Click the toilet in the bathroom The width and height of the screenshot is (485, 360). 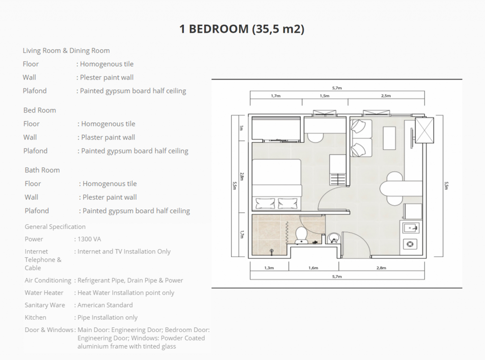click(301, 236)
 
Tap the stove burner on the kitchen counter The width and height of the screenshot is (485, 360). click(410, 244)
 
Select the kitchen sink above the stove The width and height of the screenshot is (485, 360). click(411, 228)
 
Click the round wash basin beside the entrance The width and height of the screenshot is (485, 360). click(334, 238)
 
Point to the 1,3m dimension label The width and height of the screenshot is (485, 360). click(269, 268)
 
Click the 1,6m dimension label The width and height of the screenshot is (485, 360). click(313, 268)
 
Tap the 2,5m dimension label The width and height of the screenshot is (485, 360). click(386, 96)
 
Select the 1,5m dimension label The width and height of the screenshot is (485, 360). click(324, 96)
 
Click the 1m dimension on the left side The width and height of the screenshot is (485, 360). click(242, 128)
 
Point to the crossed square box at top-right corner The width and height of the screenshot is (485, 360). click(424, 130)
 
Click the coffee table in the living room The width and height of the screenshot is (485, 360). click(389, 138)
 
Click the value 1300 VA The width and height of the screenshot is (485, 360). click(89, 239)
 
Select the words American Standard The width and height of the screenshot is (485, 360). click(105, 305)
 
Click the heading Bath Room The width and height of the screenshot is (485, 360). click(42, 170)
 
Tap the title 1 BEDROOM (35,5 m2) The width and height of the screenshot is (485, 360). click(242, 29)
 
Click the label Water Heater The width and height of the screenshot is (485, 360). click(44, 293)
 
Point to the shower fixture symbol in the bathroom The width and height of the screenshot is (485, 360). click(271, 252)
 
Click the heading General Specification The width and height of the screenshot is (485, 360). click(55, 227)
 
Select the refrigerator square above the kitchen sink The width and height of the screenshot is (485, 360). click(413, 212)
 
